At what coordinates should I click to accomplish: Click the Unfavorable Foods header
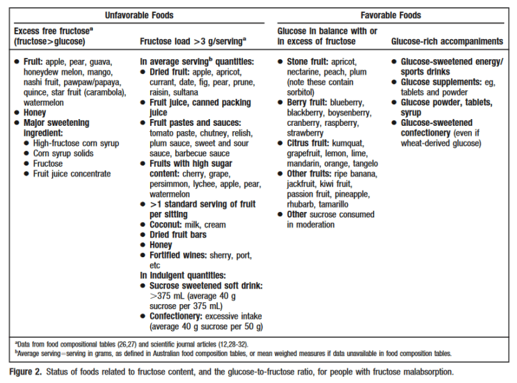139,15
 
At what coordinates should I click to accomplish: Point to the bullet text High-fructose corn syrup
75,143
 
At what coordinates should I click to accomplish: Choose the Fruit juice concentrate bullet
72,174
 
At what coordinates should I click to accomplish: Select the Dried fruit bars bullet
178,235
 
